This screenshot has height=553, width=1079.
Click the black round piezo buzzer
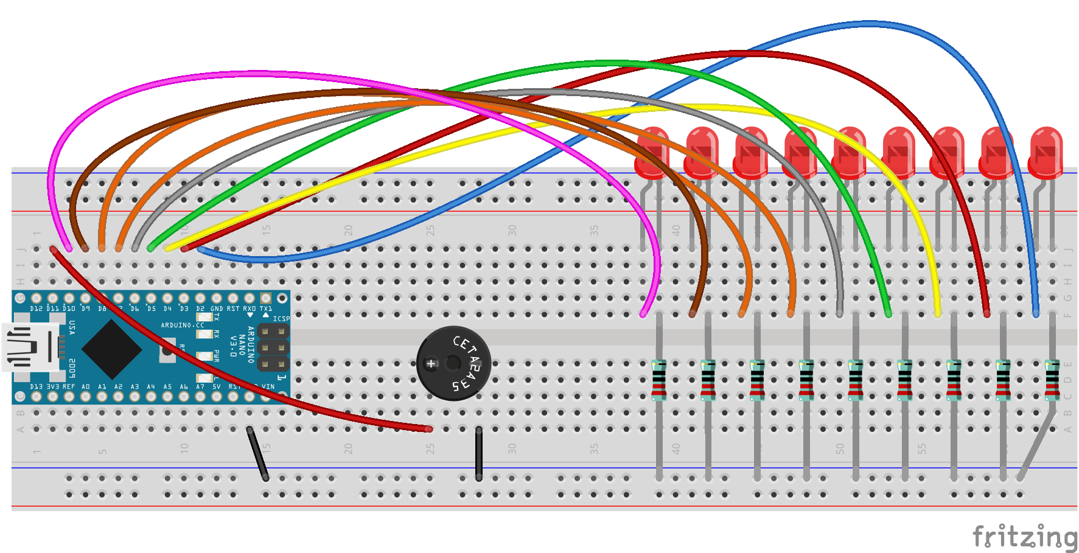click(453, 363)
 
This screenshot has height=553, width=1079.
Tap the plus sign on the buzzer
click(431, 364)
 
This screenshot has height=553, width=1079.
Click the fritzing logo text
click(1024, 537)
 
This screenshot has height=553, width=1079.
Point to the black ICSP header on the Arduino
click(273, 348)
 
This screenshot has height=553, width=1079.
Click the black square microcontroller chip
click(112, 349)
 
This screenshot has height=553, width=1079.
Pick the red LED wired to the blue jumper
click(1046, 152)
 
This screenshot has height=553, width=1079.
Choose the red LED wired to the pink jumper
click(652, 152)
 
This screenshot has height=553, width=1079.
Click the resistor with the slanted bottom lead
click(1052, 380)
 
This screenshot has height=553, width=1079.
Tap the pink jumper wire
click(183, 76)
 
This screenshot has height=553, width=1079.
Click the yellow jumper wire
click(700, 108)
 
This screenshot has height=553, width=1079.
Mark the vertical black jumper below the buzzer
click(479, 453)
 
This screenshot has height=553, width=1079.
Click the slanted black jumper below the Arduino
click(257, 454)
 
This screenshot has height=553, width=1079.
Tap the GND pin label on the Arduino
click(217, 309)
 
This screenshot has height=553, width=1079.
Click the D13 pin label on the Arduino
click(37, 387)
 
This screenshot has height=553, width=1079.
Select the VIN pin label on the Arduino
click(268, 387)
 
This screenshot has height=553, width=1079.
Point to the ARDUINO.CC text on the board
click(183, 325)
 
